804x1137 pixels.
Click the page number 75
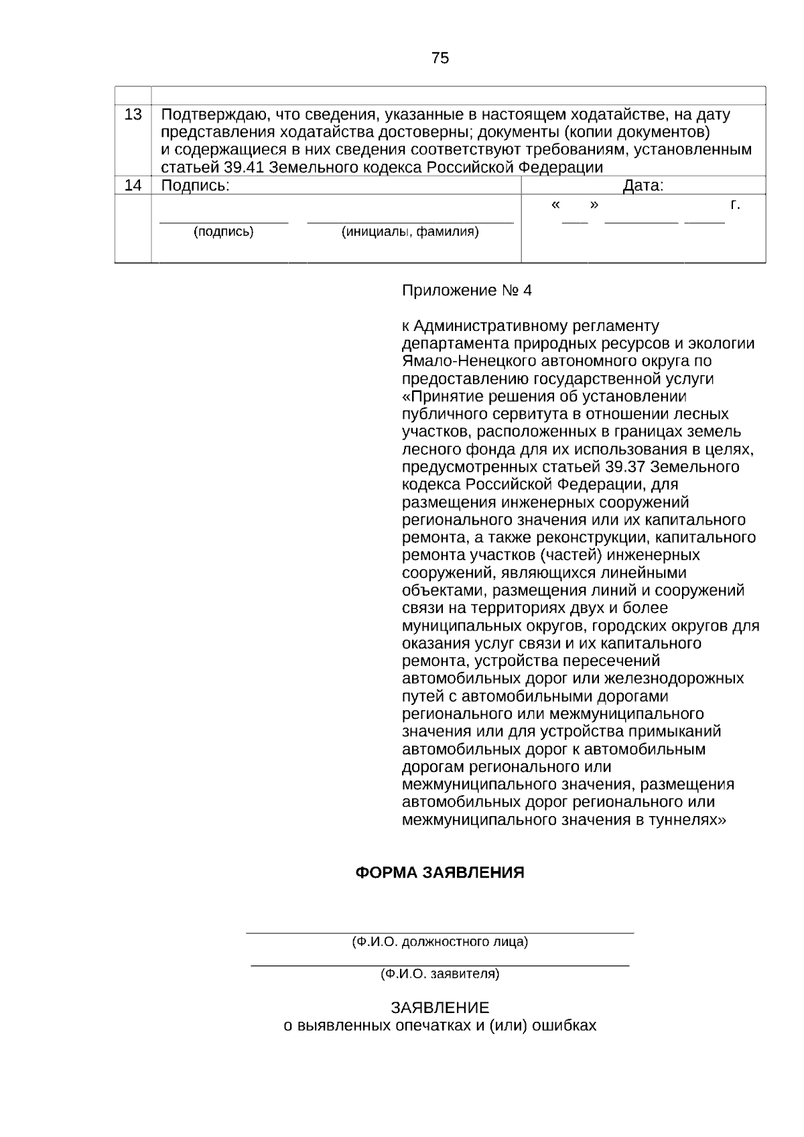point(440,58)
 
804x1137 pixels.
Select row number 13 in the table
point(133,115)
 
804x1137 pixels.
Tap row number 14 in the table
point(133,186)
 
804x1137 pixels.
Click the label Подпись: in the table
point(196,186)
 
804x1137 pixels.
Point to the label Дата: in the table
point(643,186)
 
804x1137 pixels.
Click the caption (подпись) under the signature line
point(223,232)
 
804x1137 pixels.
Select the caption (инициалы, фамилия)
point(410,232)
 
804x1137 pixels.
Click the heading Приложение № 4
point(466,291)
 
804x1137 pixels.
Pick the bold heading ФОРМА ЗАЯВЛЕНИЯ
point(440,873)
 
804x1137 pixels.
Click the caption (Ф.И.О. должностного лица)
point(440,942)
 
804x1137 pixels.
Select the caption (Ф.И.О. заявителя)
point(440,974)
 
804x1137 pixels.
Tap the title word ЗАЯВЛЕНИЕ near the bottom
point(440,1008)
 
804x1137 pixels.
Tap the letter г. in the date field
point(735,204)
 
